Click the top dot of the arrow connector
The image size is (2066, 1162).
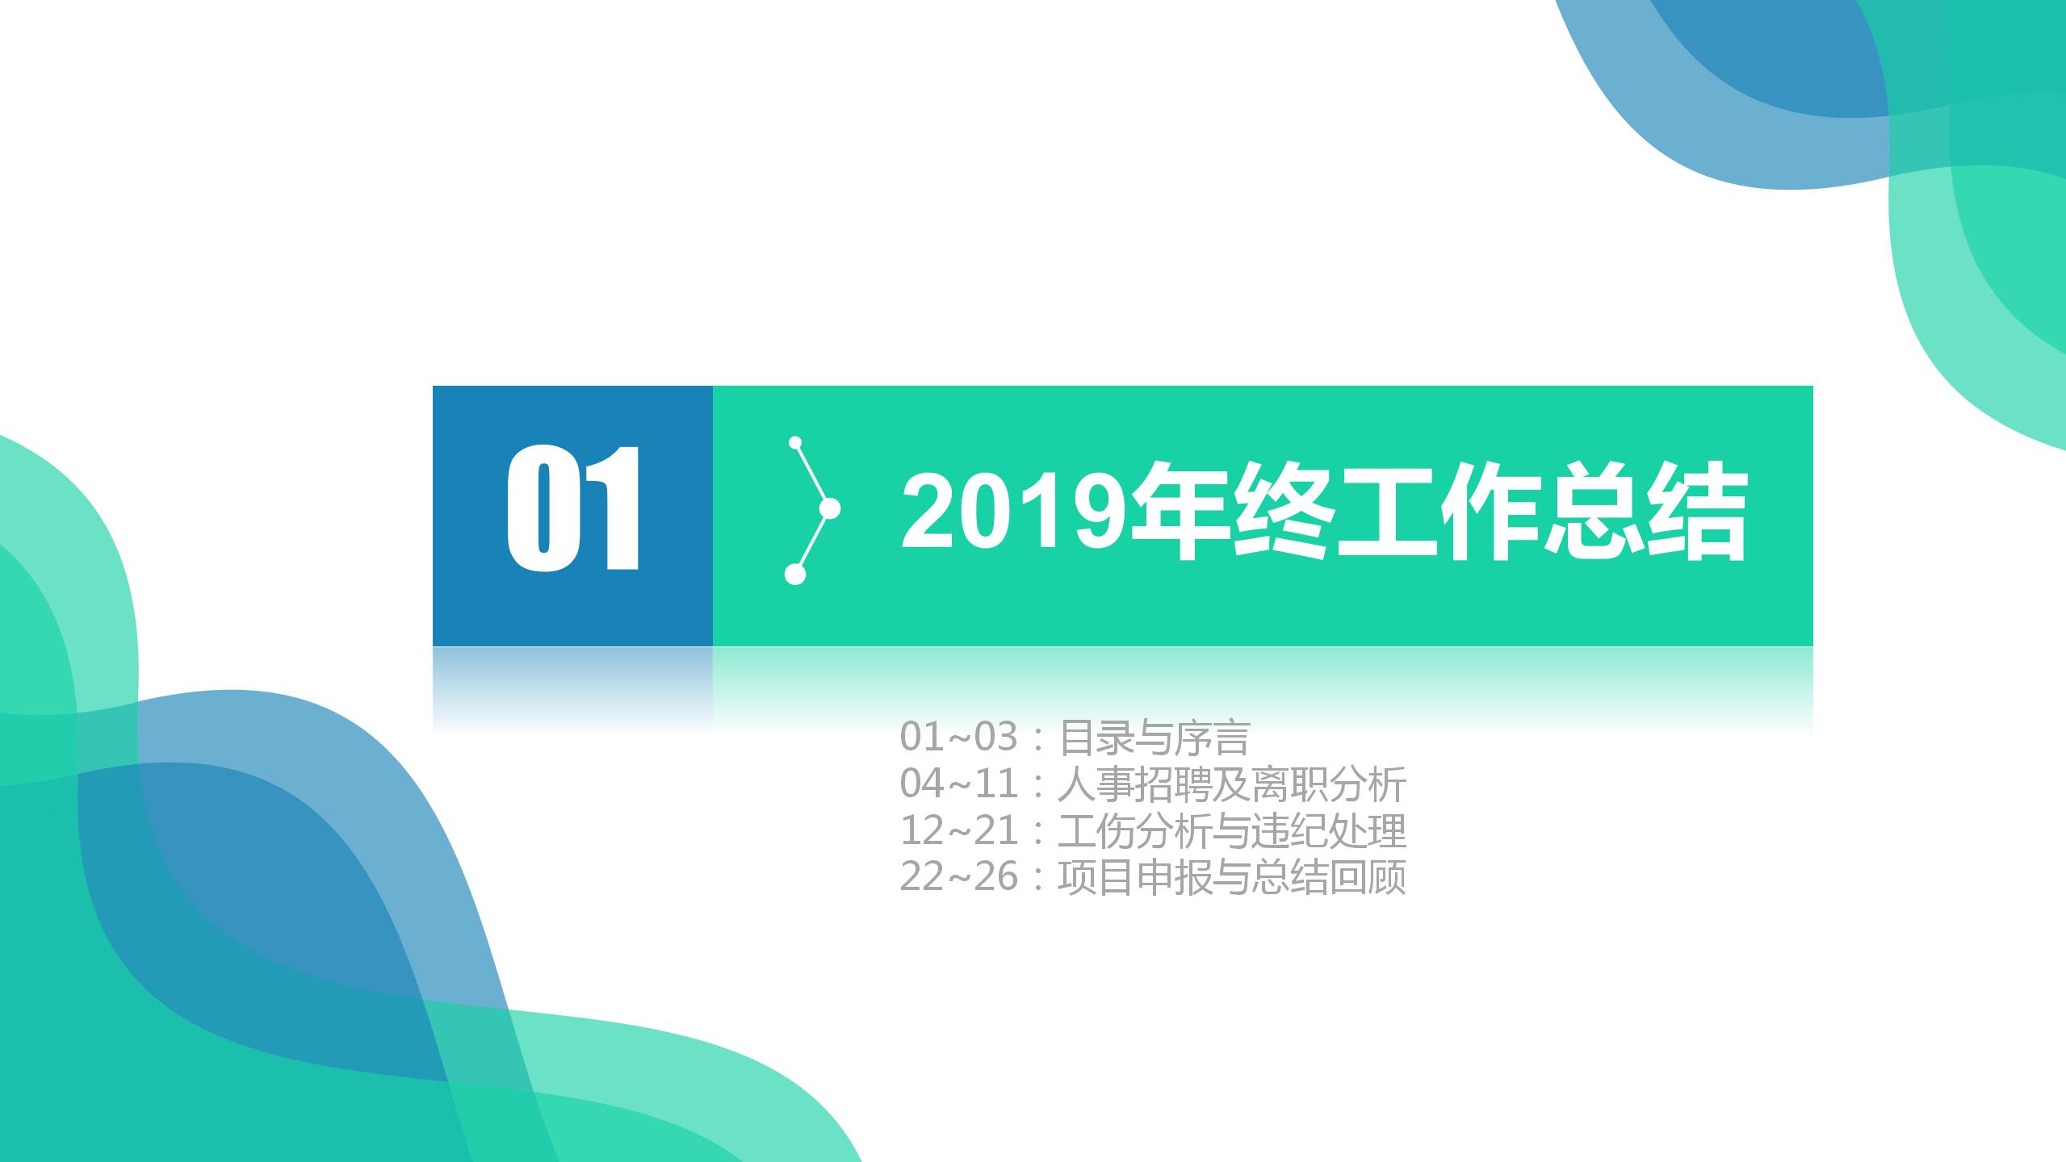pos(795,442)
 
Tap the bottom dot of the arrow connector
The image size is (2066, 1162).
pos(795,574)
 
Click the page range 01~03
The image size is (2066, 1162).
pos(959,736)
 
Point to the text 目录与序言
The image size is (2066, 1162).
pos(1154,737)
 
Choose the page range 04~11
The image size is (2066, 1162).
pos(959,783)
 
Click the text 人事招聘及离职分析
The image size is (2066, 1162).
pos(1232,784)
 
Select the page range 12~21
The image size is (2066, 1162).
pos(959,830)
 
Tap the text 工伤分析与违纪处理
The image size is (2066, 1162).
pos(1232,830)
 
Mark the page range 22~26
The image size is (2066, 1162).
pos(959,876)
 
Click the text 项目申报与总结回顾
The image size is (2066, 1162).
pos(1232,877)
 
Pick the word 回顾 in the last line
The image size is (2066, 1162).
pos(1368,877)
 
